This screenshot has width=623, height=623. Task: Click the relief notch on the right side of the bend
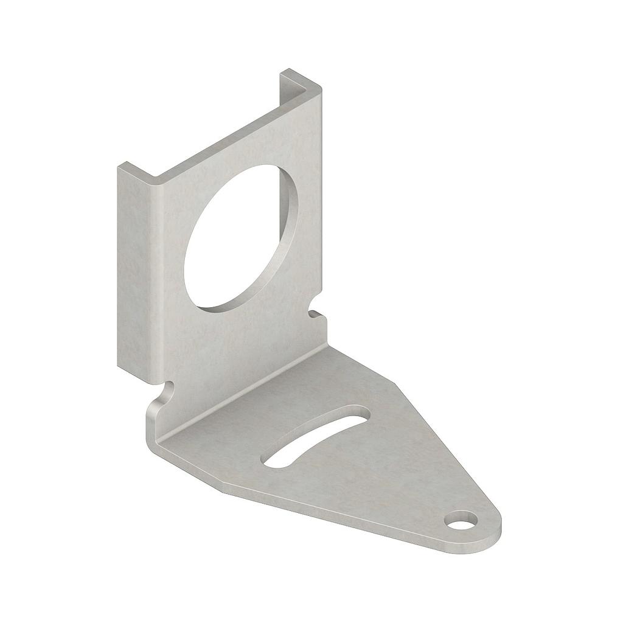point(315,315)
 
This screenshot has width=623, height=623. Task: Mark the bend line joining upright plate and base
point(243,389)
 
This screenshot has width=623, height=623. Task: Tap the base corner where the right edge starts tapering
point(395,383)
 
